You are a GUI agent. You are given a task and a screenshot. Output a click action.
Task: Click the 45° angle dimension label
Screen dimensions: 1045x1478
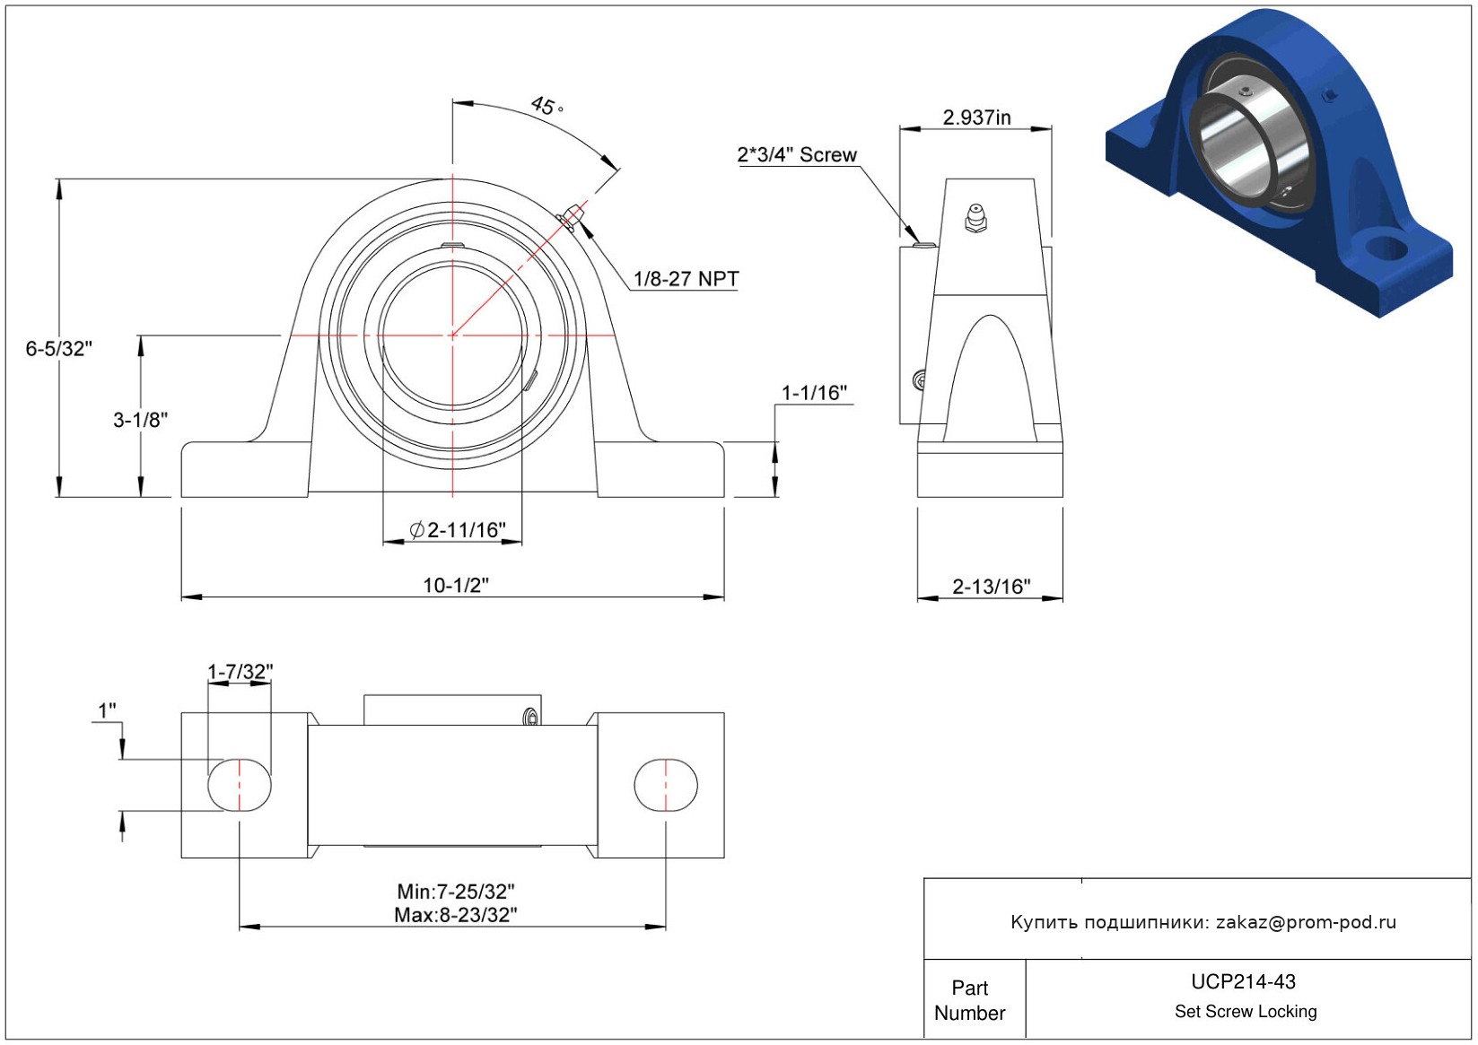pyautogui.click(x=545, y=106)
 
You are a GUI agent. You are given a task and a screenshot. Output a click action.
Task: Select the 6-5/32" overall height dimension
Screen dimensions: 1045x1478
pyautogui.click(x=59, y=349)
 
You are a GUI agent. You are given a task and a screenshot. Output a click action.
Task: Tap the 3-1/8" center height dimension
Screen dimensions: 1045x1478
pyautogui.click(x=141, y=420)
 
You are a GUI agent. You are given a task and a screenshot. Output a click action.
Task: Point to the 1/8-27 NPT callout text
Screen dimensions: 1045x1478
pyautogui.click(x=686, y=279)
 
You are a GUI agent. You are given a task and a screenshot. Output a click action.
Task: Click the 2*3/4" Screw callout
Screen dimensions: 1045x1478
pyautogui.click(x=797, y=155)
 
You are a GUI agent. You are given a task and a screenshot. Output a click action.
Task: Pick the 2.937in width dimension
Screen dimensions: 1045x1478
pyautogui.click(x=976, y=118)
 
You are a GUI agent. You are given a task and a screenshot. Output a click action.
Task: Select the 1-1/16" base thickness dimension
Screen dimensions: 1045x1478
pyautogui.click(x=814, y=393)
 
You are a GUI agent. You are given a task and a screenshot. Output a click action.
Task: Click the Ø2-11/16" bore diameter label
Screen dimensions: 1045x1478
pyautogui.click(x=458, y=530)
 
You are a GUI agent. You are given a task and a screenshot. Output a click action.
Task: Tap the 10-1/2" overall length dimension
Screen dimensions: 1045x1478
pyautogui.click(x=456, y=586)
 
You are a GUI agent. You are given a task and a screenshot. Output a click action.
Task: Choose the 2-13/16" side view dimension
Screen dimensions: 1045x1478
pyautogui.click(x=991, y=587)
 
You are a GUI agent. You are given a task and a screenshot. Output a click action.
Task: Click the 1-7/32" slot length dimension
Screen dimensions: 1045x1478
pyautogui.click(x=240, y=672)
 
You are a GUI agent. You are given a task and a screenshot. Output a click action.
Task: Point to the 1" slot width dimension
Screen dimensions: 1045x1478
pyautogui.click(x=107, y=711)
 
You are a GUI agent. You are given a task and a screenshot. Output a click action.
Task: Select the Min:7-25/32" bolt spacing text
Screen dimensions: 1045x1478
pyautogui.click(x=456, y=892)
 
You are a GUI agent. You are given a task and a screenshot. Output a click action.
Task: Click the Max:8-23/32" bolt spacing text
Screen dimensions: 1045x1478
pyautogui.click(x=456, y=915)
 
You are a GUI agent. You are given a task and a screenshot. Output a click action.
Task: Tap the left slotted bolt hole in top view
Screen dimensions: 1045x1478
pyautogui.click(x=240, y=785)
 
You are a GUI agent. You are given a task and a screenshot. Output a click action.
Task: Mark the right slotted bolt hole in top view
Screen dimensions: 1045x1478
pyautogui.click(x=666, y=785)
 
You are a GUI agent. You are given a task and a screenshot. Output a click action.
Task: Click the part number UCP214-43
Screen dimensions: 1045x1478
pyautogui.click(x=1243, y=982)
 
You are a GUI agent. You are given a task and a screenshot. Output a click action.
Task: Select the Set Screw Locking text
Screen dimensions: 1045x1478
pyautogui.click(x=1246, y=1012)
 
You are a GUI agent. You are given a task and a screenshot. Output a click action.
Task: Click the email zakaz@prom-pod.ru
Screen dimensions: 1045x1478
pyautogui.click(x=1306, y=922)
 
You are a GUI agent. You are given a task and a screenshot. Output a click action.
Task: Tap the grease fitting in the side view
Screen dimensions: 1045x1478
pyautogui.click(x=975, y=218)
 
